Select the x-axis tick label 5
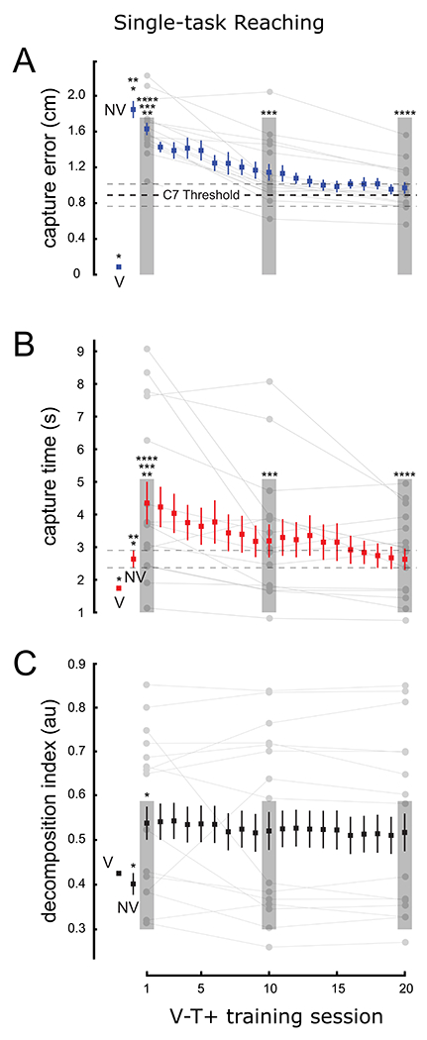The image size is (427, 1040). coord(201,988)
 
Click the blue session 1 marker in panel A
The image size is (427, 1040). coord(147,129)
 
